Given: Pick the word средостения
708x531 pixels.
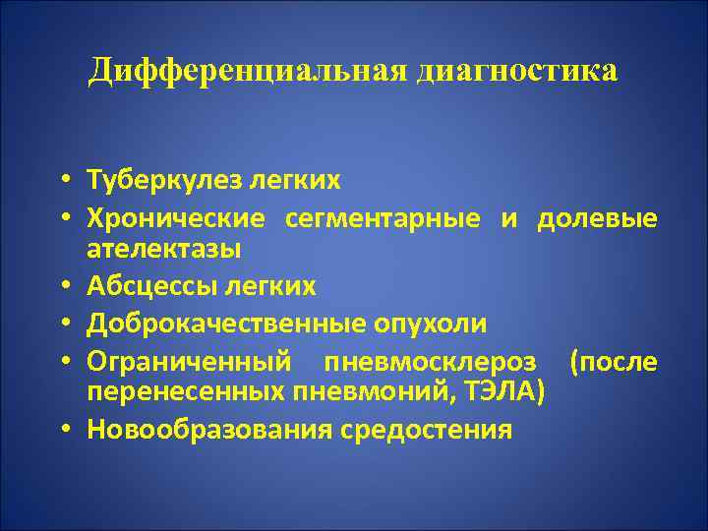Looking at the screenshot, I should point(427,430).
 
